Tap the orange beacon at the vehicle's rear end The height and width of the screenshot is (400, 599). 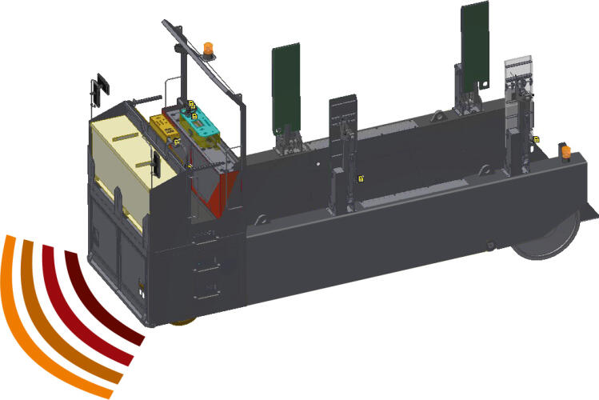(564, 151)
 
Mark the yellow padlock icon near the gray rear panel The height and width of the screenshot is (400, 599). (534, 140)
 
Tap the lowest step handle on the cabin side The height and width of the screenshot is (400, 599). (210, 287)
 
